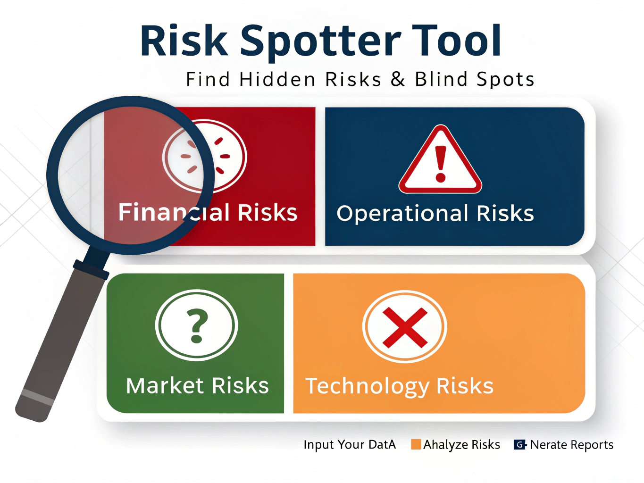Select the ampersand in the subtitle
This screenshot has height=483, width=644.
(398, 79)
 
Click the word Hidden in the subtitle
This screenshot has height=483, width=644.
(277, 79)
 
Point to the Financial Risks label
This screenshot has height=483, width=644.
(208, 212)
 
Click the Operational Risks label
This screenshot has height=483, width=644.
(435, 213)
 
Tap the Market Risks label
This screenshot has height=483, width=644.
(197, 386)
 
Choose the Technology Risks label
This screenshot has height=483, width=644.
(399, 386)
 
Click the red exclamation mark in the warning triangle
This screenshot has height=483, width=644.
(440, 164)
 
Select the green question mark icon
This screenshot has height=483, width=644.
(197, 325)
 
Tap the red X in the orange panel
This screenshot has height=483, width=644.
(405, 327)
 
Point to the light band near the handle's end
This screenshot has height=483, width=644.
(38, 397)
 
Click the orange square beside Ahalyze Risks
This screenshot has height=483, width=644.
(416, 444)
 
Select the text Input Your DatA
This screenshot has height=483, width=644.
(350, 445)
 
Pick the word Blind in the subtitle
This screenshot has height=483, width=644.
(441, 79)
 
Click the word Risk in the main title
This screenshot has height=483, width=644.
(184, 40)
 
